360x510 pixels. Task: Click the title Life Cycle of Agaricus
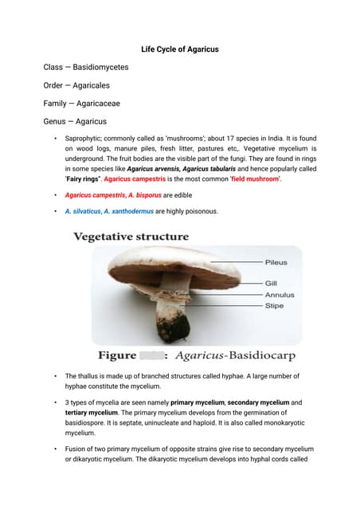pos(180,49)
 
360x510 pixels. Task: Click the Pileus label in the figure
pos(276,262)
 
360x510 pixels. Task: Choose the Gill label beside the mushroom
pos(271,283)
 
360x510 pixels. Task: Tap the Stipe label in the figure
pos(273,305)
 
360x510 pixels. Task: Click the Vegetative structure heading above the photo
pos(131,237)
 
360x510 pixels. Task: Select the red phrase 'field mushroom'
pos(255,179)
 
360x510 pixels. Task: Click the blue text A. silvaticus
pos(82,211)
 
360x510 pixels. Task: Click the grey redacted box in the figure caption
pos(151,355)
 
